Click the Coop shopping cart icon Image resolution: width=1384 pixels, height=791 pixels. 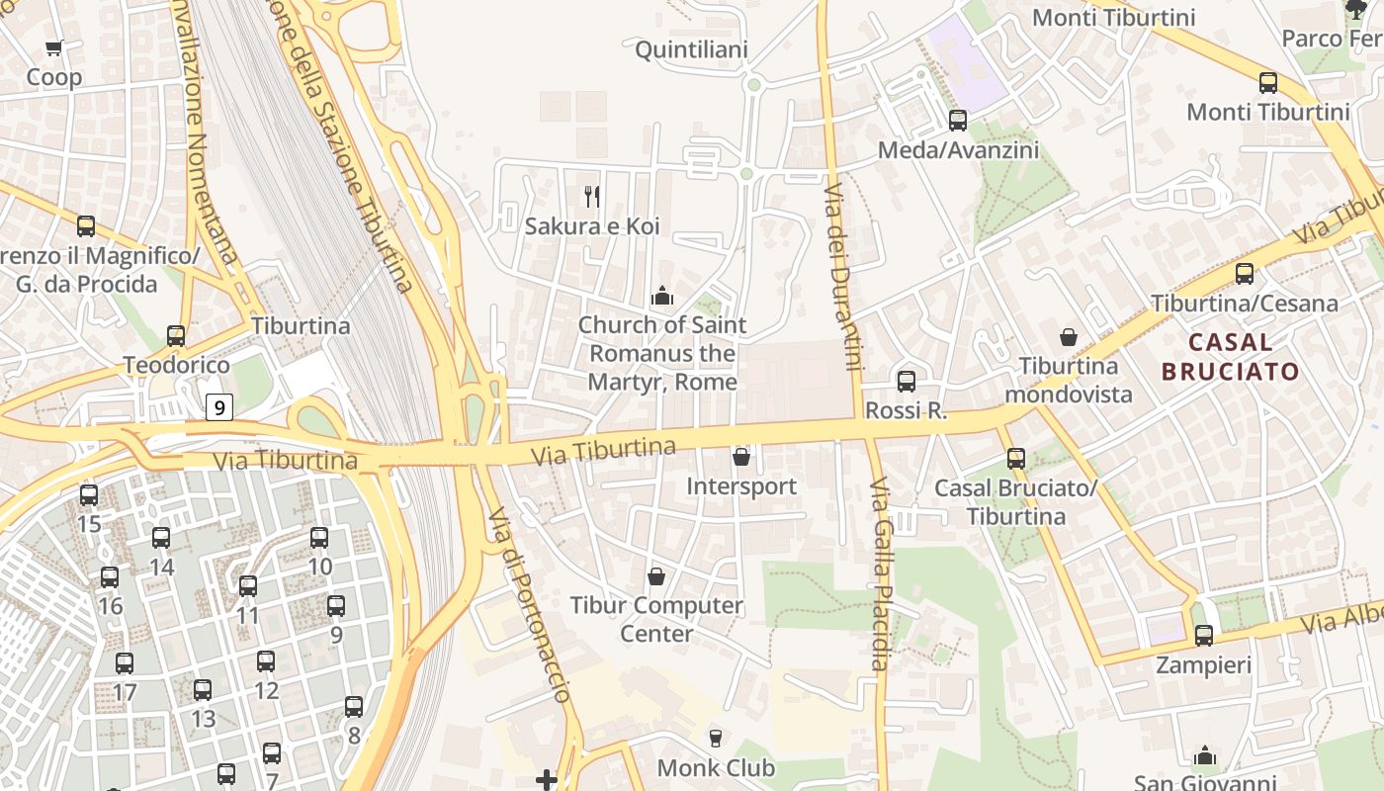coord(54,47)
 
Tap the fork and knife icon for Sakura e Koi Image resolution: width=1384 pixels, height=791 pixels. coord(592,196)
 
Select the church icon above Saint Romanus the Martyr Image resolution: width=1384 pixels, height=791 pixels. coord(661,295)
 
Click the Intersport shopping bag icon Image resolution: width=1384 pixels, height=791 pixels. coord(740,457)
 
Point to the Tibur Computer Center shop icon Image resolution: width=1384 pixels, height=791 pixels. coord(655,575)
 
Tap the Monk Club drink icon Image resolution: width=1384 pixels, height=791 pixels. coord(716,738)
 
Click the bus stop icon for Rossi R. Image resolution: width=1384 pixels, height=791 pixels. coord(906,382)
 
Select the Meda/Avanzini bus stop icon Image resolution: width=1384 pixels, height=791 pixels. coord(957,121)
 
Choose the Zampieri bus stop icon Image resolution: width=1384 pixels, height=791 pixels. coord(1203,635)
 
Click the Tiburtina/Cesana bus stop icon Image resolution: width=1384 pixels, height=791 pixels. coord(1244,274)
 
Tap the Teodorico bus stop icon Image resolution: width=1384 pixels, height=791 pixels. coord(176,336)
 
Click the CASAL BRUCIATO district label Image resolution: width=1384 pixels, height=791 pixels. coord(1230,357)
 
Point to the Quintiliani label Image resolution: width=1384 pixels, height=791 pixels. coord(691,49)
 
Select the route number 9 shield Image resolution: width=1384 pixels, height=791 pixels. coord(219,406)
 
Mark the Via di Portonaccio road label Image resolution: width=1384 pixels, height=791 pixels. coord(530,605)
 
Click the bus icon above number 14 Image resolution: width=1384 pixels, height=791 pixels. coord(161,539)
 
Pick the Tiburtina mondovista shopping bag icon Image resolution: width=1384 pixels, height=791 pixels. coord(1069,337)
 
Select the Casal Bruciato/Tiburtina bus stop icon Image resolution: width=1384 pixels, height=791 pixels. coord(1015,459)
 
